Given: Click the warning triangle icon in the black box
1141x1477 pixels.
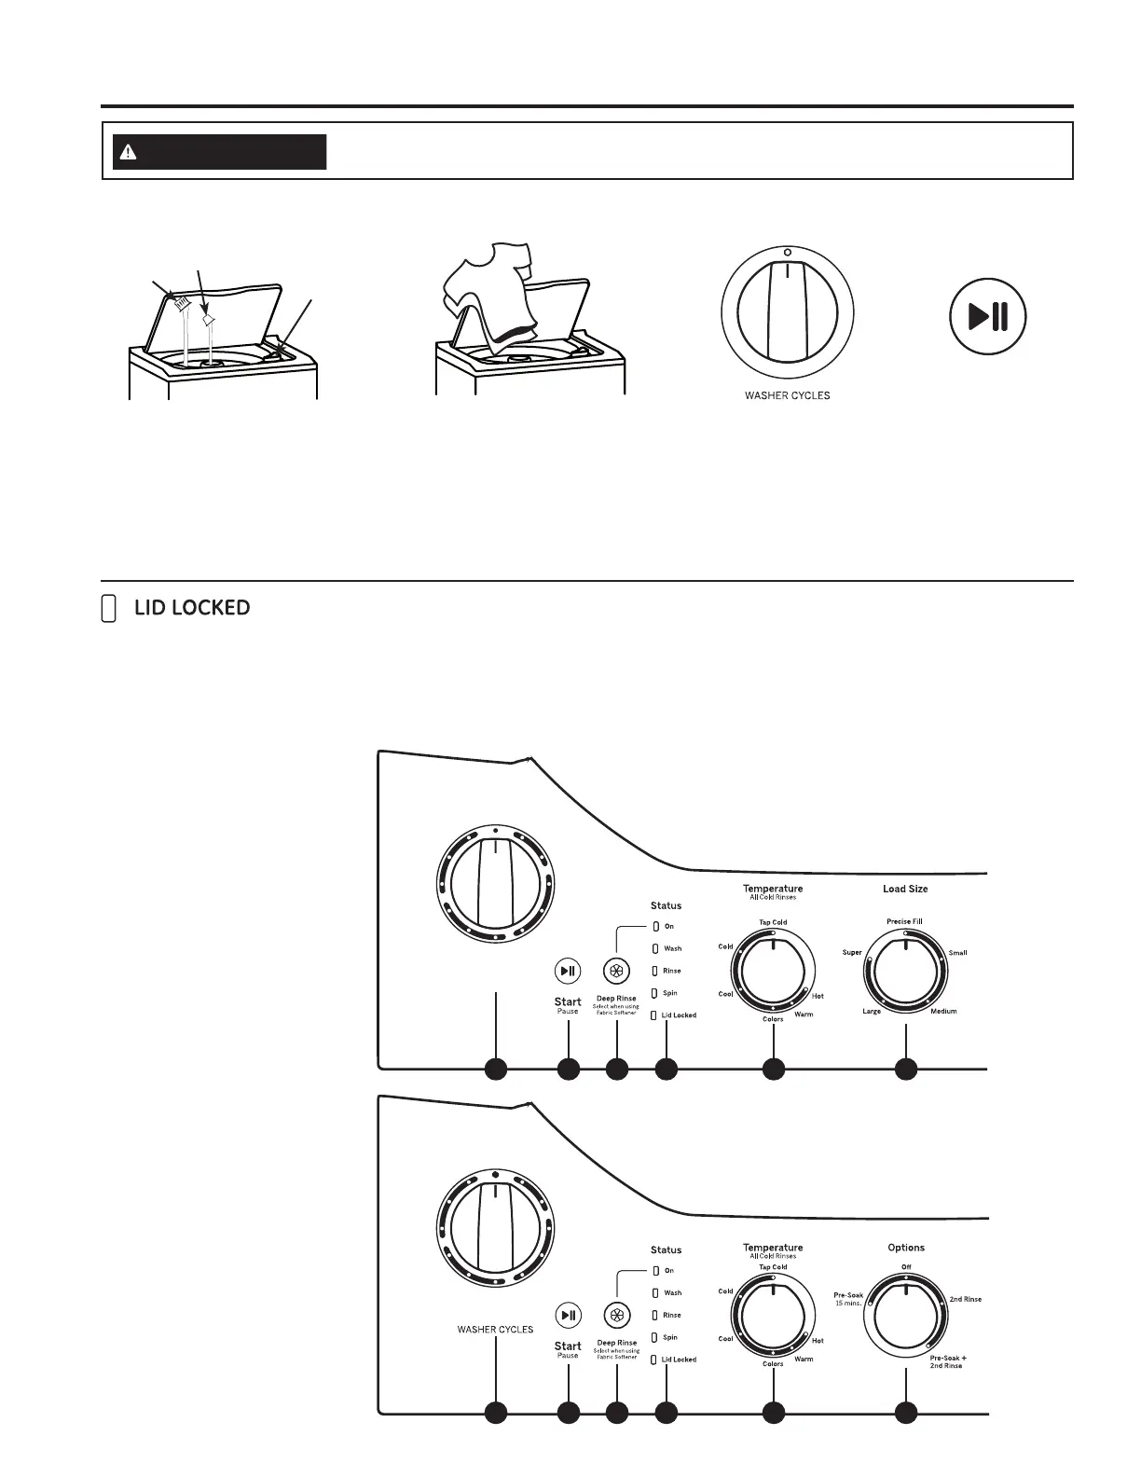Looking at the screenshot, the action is tap(129, 152).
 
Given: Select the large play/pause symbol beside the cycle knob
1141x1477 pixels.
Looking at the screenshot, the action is tap(987, 317).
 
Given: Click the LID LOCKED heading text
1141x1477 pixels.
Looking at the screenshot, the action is tap(192, 608).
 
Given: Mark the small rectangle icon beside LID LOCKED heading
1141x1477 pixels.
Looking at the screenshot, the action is tap(108, 609).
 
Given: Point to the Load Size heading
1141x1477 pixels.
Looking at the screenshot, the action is tap(905, 890).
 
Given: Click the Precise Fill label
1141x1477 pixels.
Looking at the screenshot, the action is tap(904, 922).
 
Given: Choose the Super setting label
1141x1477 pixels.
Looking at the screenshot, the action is tap(852, 953).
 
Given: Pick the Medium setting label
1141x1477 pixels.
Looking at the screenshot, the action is tap(943, 1012).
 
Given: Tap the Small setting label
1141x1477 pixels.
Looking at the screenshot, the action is tap(957, 953).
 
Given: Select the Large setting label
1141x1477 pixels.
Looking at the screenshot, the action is tap(872, 1012).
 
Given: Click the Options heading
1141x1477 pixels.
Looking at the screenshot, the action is tap(906, 1248).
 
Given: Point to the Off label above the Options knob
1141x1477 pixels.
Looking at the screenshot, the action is tap(906, 1267).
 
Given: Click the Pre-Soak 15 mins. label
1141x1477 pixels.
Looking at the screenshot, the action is tap(848, 1299).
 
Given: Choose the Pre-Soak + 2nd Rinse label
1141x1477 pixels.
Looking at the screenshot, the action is tap(947, 1361).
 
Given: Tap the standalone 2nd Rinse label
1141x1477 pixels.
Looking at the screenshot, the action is tap(965, 1299).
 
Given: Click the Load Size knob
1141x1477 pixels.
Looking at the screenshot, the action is tap(905, 973).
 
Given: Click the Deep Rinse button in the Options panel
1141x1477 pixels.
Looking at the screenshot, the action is tap(616, 1316).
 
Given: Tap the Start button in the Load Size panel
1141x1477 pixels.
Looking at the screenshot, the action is tap(568, 971).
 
